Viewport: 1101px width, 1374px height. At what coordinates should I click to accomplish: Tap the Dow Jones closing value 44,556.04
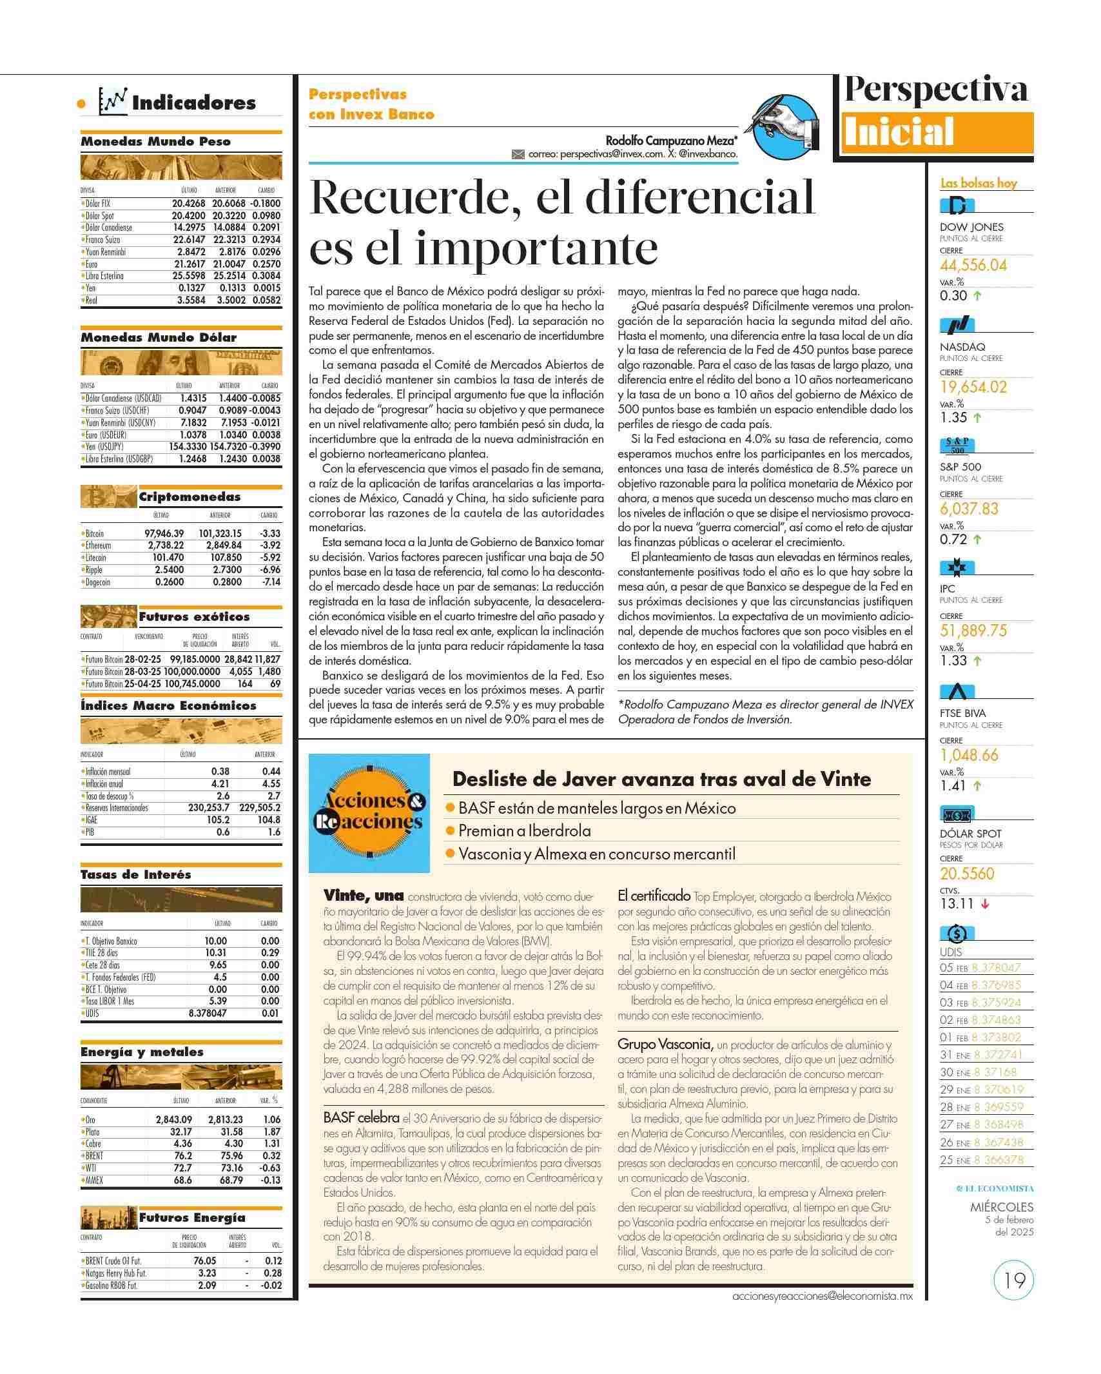973,266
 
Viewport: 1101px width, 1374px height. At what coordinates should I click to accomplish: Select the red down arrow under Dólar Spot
984,904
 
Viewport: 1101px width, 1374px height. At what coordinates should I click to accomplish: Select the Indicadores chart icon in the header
113,101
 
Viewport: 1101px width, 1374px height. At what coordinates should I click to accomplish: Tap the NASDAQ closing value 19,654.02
973,388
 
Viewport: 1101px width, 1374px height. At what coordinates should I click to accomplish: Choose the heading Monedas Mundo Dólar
159,337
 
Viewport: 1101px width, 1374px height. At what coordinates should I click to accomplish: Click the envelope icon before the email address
518,155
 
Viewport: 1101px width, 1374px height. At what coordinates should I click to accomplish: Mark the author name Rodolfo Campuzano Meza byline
671,140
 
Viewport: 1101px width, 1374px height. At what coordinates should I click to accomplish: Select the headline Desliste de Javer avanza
661,779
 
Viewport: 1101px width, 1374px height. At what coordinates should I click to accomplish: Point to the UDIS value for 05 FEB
996,967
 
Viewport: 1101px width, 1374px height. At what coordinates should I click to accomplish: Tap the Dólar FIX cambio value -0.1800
266,203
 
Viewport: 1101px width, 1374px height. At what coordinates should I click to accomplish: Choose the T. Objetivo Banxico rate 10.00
216,941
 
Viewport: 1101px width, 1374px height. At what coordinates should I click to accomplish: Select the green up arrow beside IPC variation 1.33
978,661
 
